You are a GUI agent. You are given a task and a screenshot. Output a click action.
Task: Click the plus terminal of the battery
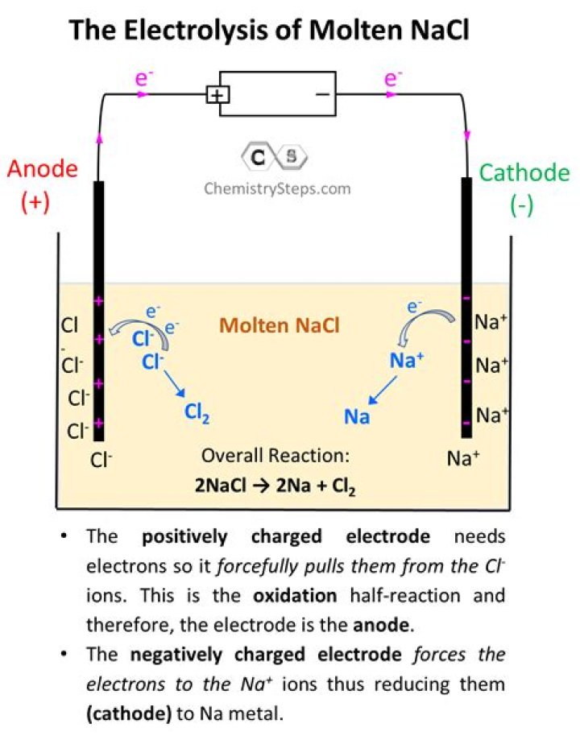click(217, 94)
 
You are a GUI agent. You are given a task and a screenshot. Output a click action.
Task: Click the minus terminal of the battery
click(322, 94)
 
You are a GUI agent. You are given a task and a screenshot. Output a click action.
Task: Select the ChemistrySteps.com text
click(276, 188)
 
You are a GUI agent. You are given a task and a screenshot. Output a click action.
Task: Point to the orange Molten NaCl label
click(280, 326)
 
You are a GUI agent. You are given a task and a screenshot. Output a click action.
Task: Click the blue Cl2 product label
click(198, 412)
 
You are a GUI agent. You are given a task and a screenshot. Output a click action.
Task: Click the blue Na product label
click(357, 416)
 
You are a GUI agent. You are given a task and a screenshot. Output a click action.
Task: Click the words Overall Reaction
click(275, 456)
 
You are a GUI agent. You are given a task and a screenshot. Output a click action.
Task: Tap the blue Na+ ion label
click(407, 360)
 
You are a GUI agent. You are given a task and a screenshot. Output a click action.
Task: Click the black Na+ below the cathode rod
click(463, 459)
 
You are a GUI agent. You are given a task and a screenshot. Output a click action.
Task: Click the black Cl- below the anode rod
click(101, 460)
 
